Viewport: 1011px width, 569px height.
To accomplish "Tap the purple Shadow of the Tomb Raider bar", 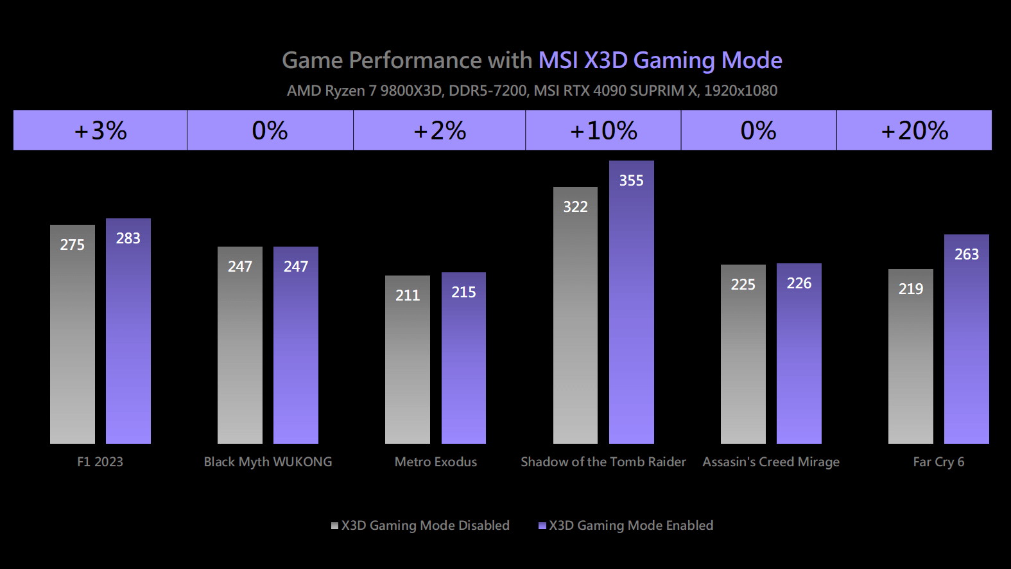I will (631, 308).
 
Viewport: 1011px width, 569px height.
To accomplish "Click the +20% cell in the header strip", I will (914, 130).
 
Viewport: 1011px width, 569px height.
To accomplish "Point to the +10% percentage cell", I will (603, 130).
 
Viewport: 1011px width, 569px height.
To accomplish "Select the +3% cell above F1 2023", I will (100, 130).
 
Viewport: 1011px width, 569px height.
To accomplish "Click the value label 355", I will (631, 180).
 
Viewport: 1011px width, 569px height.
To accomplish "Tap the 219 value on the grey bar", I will (910, 289).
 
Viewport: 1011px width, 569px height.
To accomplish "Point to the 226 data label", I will (799, 283).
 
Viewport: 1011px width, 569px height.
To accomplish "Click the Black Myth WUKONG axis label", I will (268, 462).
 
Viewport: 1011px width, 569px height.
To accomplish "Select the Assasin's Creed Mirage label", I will (771, 462).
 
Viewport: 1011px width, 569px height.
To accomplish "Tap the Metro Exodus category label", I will (436, 462).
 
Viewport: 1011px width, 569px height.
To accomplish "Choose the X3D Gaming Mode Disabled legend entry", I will (420, 525).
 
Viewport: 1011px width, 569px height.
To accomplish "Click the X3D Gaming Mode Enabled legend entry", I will (626, 525).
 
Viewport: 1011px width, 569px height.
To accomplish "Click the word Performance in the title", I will (415, 60).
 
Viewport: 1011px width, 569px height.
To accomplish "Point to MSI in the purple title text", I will (558, 60).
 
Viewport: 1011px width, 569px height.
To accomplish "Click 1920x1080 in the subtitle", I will (741, 91).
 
